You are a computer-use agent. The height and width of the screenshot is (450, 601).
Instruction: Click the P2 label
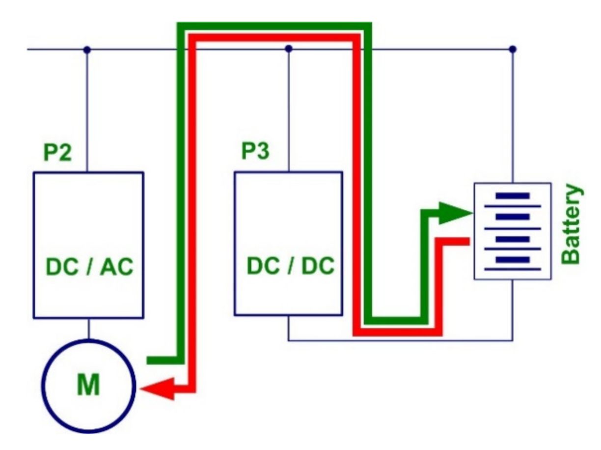pyautogui.click(x=57, y=153)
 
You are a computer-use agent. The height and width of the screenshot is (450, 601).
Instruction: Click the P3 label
pyautogui.click(x=255, y=153)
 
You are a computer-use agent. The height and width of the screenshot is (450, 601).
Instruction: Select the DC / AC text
pyautogui.click(x=89, y=268)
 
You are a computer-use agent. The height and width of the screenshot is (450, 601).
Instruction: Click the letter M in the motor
pyautogui.click(x=89, y=385)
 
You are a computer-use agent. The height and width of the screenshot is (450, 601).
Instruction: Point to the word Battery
pyautogui.click(x=572, y=224)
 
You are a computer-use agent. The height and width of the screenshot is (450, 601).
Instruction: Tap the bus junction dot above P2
pyautogui.click(x=87, y=50)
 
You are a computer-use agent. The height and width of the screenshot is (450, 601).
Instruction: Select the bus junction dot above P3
pyautogui.click(x=289, y=49)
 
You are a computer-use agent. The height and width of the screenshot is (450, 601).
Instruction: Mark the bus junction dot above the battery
pyautogui.click(x=513, y=49)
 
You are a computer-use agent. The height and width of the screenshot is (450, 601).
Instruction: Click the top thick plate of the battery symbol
pyautogui.click(x=512, y=196)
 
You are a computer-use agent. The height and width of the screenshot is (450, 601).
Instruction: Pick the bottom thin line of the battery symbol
pyautogui.click(x=512, y=269)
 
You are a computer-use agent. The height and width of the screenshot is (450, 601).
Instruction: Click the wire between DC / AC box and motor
pyautogui.click(x=89, y=329)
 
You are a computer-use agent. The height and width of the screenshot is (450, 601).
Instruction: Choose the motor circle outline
pyautogui.click(x=45, y=386)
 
